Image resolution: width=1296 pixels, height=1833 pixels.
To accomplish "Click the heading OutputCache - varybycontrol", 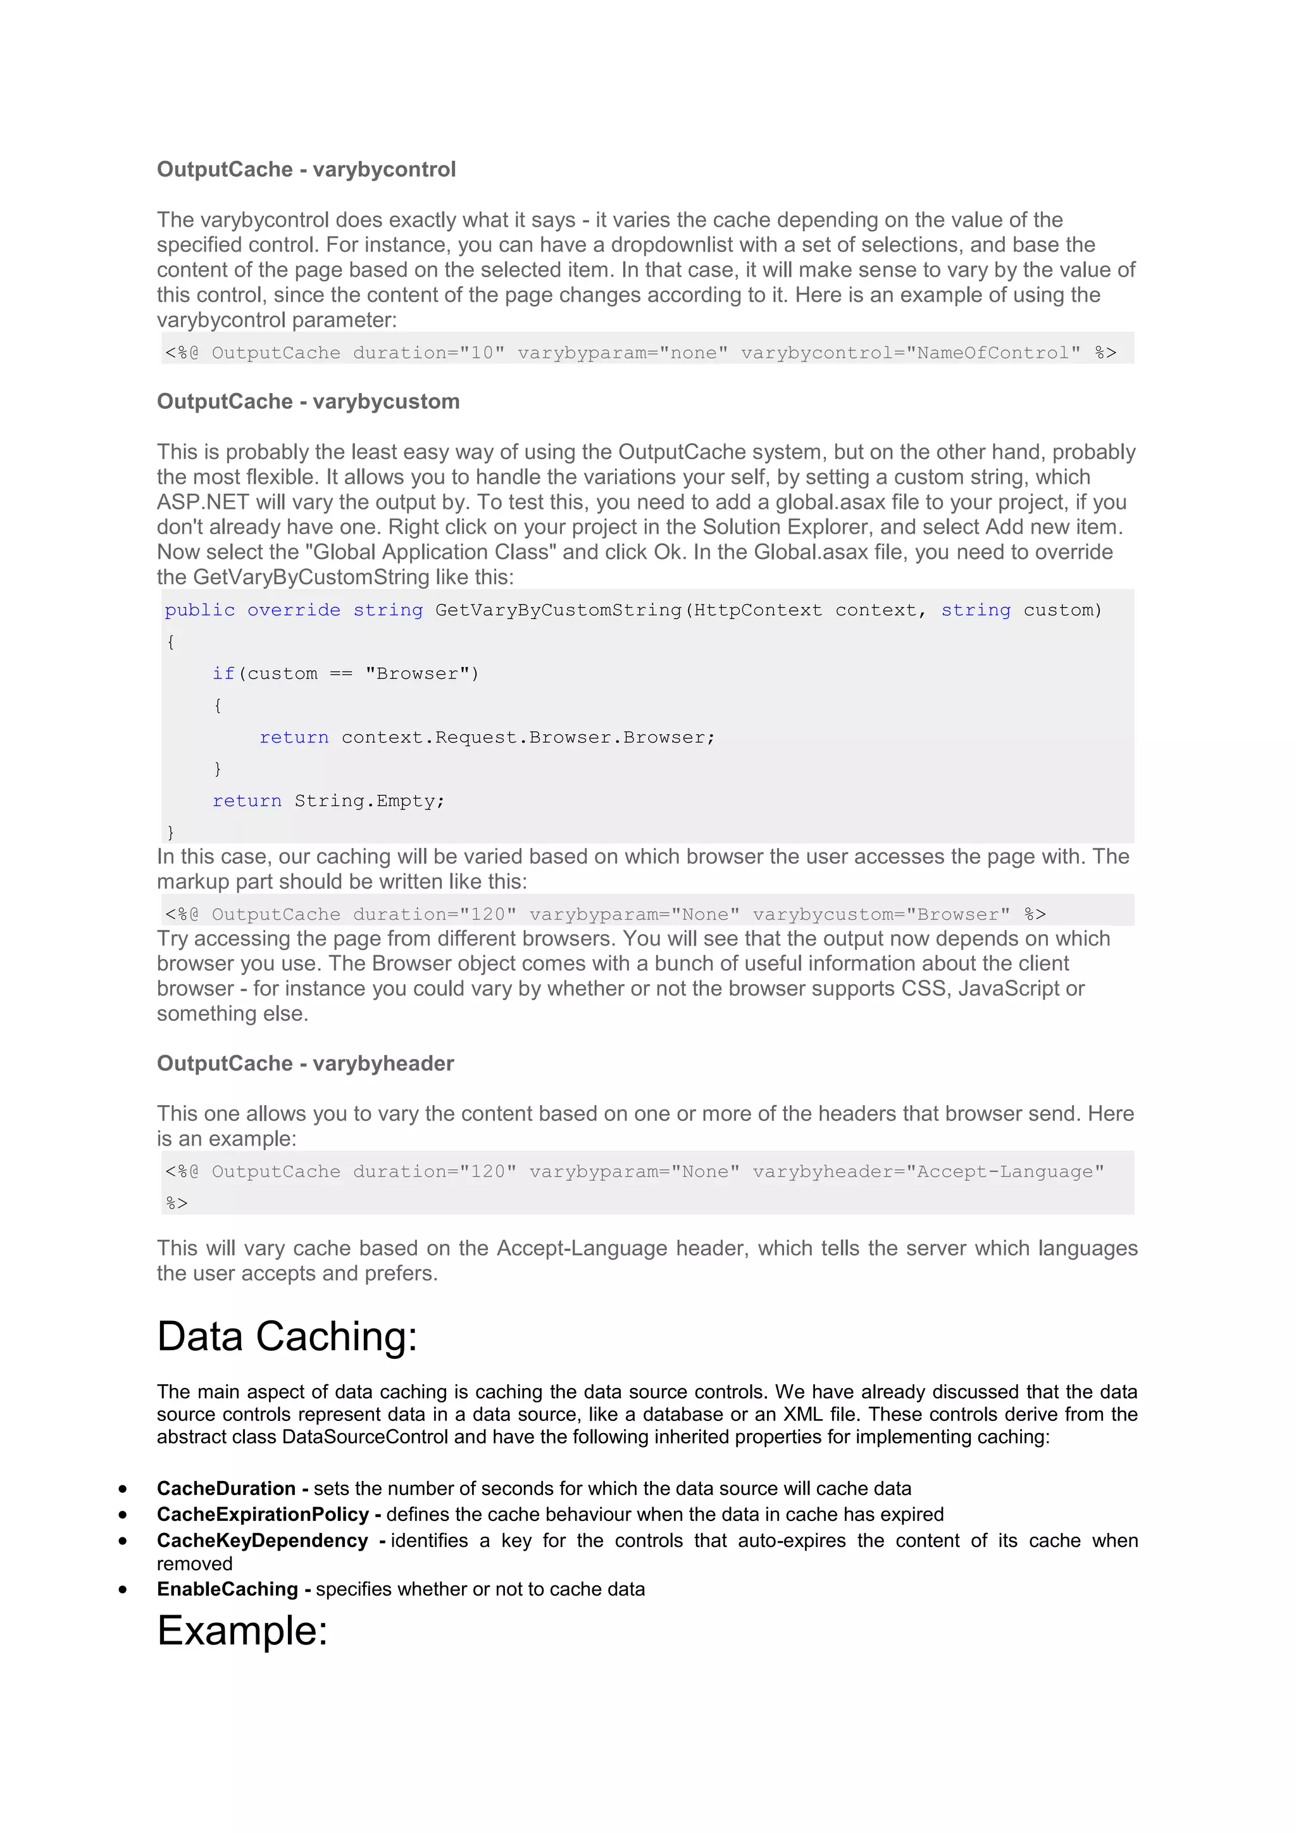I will pos(306,169).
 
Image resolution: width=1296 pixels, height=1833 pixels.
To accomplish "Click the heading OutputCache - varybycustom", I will pos(308,401).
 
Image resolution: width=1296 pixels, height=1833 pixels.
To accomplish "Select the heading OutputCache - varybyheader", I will pos(305,1063).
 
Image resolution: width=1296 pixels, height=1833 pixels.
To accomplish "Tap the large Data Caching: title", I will pos(287,1336).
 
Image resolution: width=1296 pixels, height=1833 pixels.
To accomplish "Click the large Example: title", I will pos(242,1630).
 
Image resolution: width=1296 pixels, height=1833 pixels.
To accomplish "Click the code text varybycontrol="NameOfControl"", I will pos(911,353).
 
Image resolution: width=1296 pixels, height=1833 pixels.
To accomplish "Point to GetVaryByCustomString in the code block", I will pos(558,610).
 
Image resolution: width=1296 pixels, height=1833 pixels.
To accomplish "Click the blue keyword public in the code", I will pos(199,610).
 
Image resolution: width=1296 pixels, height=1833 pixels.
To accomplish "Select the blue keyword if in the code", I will pos(223,674).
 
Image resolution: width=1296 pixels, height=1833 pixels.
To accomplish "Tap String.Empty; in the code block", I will pos(369,801).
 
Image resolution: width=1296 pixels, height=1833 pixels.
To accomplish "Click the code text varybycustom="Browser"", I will pos(881,914).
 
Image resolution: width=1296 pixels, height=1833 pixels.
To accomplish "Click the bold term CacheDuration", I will pos(226,1488).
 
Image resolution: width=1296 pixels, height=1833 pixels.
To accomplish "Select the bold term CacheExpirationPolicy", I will pos(263,1515).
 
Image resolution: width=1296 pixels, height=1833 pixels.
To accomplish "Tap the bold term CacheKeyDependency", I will pos(262,1540).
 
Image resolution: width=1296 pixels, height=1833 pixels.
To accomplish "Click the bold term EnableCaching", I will pos(227,1589).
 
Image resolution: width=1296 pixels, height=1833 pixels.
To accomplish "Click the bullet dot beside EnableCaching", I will pos(123,1589).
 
